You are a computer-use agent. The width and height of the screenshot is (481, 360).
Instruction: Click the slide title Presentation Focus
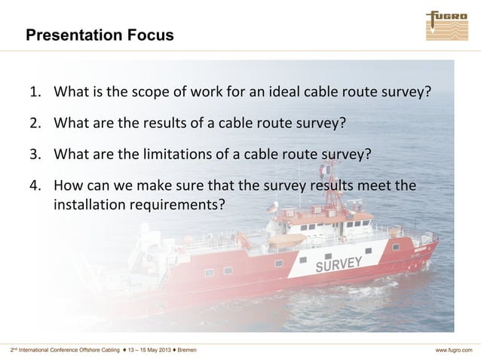99,35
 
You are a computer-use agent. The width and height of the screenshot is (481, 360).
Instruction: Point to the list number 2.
35,124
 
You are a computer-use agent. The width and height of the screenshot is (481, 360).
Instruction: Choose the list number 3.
35,155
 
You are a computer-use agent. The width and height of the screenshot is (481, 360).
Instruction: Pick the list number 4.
35,186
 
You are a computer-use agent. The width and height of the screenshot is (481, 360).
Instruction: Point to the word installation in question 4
85,203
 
